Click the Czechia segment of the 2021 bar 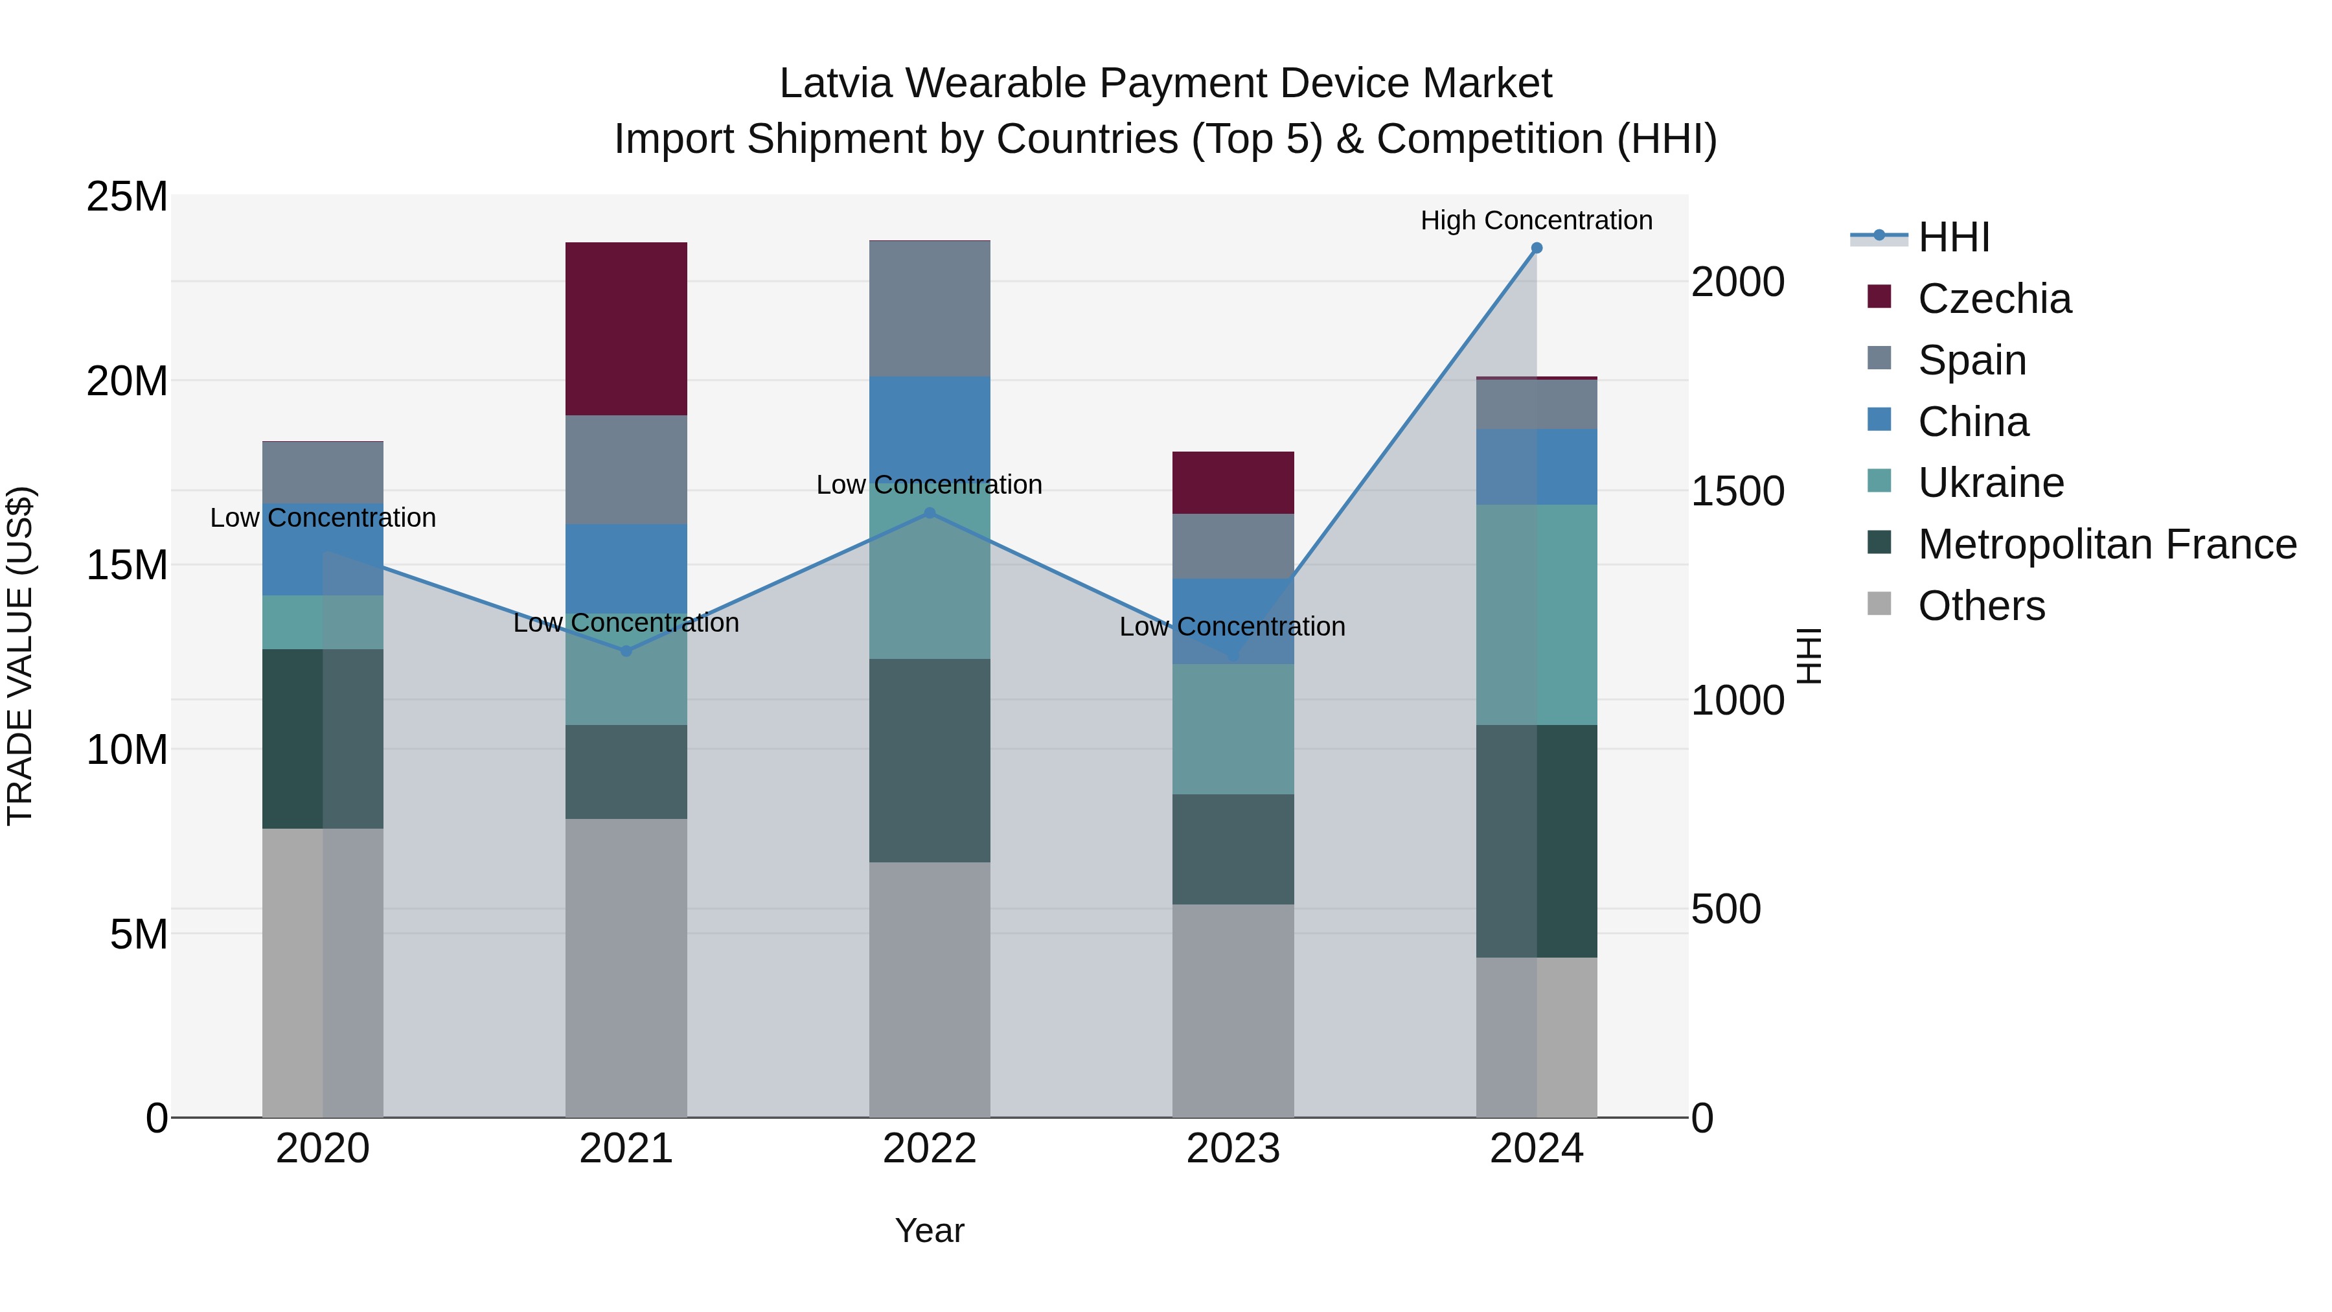(626, 328)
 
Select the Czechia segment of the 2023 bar (1232, 483)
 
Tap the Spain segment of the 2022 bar (929, 309)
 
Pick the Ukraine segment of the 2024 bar (1537, 615)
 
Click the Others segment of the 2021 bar (626, 968)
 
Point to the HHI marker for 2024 (1537, 248)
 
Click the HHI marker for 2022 (929, 513)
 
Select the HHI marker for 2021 (626, 651)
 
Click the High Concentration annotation (1537, 221)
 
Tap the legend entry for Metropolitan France (2107, 545)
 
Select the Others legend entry (1981, 606)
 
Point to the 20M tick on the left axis (127, 381)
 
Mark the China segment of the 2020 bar (323, 549)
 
